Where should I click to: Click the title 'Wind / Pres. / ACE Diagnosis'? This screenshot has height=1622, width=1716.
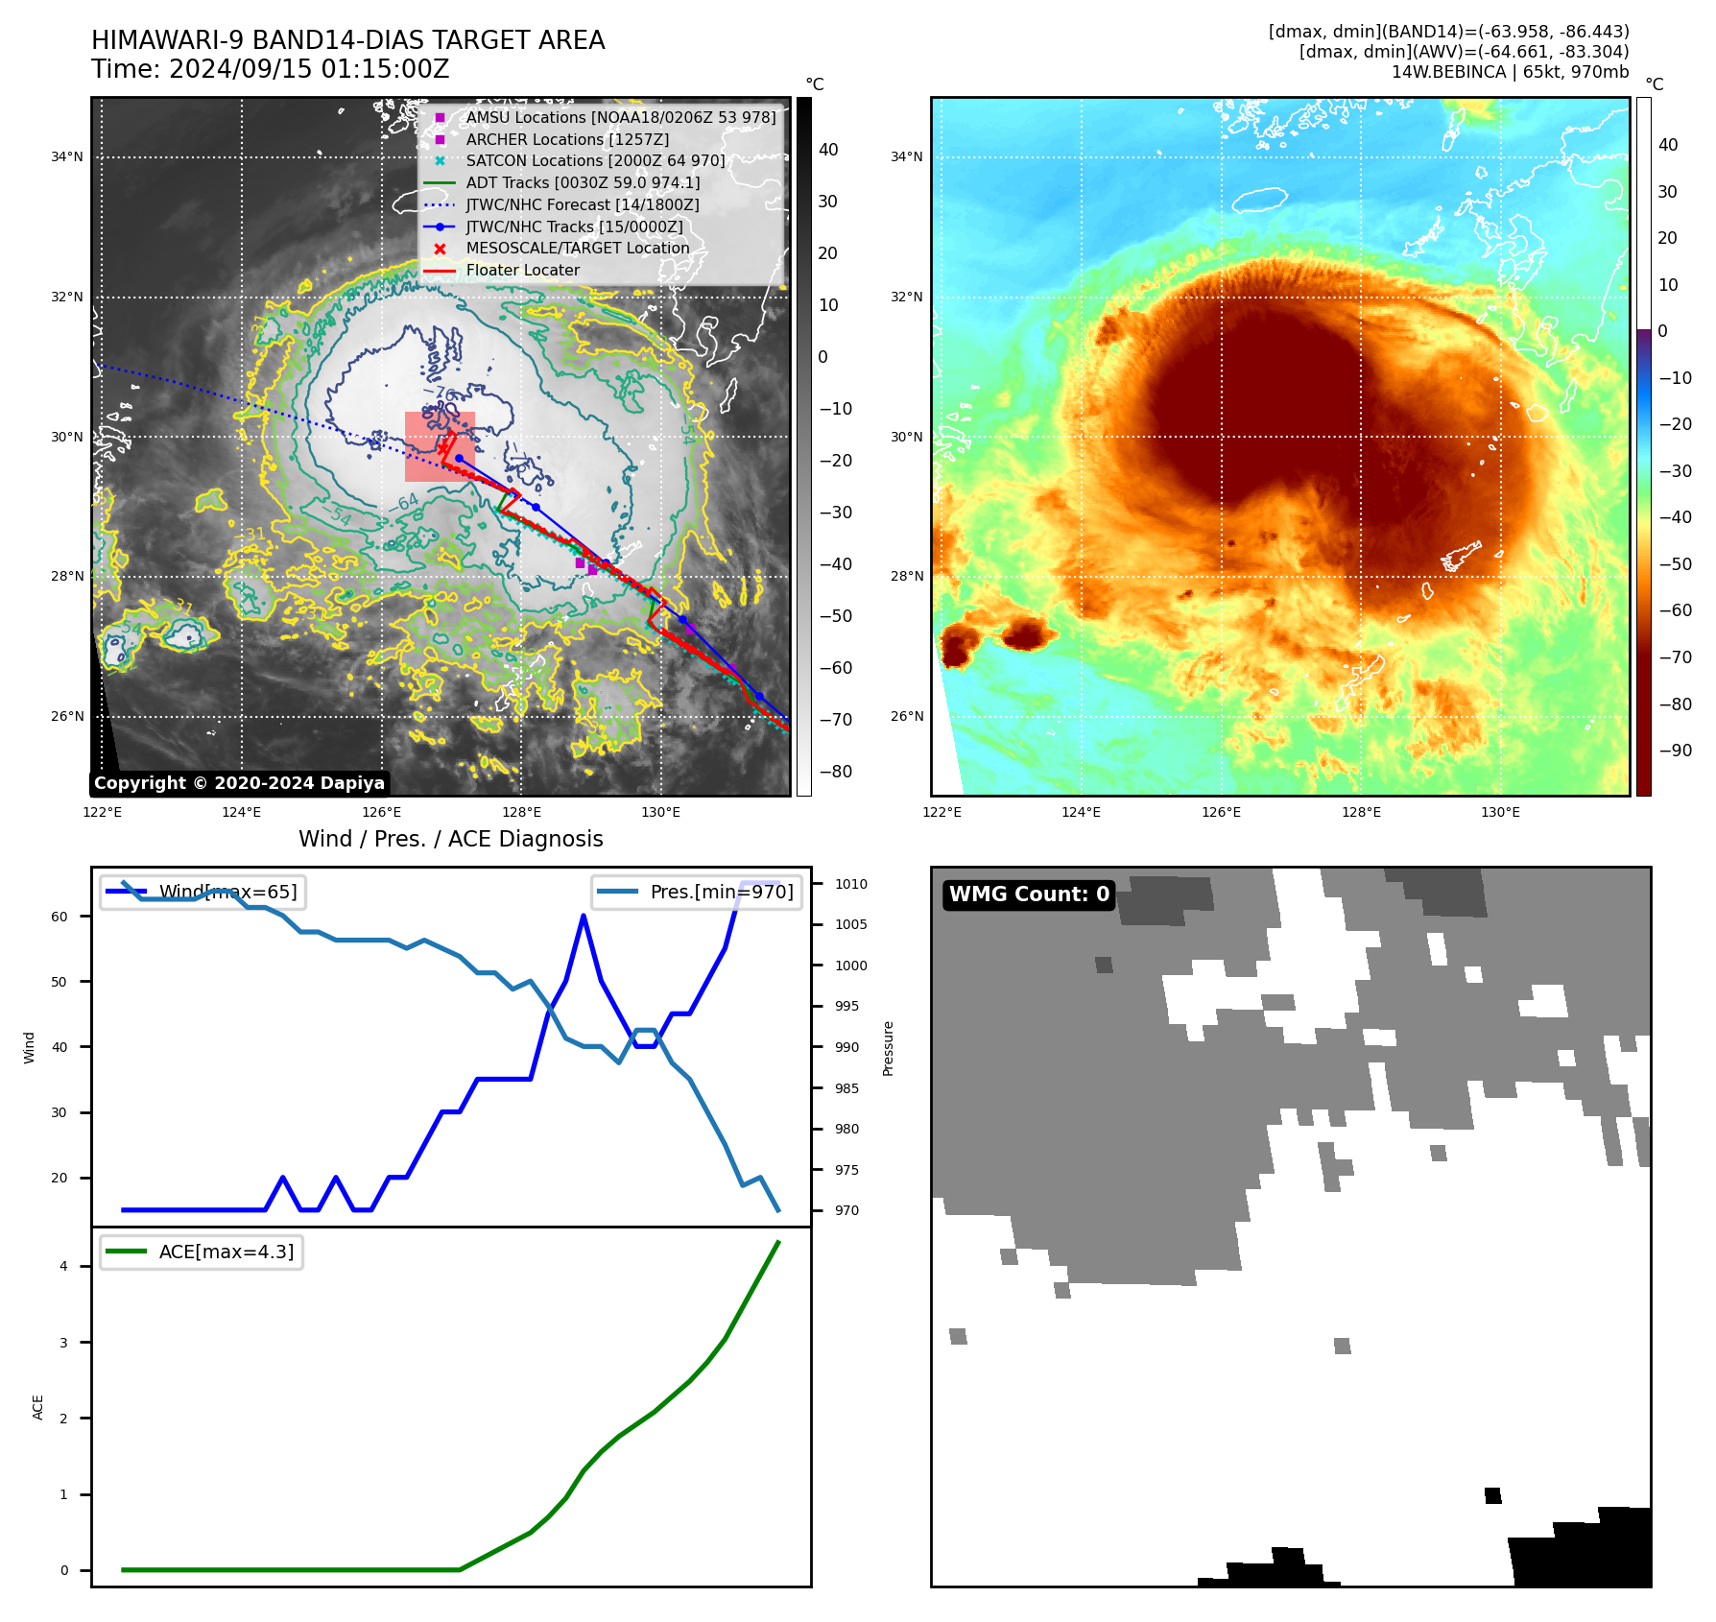tap(450, 839)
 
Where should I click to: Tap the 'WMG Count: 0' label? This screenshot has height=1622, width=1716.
tap(1029, 894)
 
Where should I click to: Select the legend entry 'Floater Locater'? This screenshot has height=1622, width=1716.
tap(522, 271)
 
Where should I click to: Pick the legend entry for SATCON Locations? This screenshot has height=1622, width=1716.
tap(595, 161)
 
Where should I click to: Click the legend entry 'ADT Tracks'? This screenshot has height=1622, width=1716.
tap(583, 182)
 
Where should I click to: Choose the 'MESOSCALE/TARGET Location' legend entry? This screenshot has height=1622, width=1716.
tap(578, 249)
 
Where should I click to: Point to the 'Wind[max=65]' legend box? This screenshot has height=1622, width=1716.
tap(203, 892)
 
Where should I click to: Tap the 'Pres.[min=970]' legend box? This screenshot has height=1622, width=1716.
tap(697, 892)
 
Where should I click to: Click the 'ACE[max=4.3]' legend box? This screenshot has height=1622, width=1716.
tap(202, 1252)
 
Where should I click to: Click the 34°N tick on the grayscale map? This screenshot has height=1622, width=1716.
tap(67, 157)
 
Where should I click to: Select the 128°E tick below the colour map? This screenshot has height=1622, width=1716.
tap(1361, 812)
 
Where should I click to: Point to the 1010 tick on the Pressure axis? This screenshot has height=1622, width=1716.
tap(850, 884)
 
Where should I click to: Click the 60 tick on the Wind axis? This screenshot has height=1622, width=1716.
tap(60, 917)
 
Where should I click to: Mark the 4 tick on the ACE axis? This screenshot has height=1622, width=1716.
tap(63, 1266)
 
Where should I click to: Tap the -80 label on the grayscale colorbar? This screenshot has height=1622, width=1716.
tap(835, 772)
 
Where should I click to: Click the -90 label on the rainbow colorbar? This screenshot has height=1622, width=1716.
tap(1675, 751)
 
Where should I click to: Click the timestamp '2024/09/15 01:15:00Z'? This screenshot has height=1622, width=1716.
tap(309, 70)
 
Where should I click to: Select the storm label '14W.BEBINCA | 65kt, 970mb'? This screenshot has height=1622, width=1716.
tap(1510, 72)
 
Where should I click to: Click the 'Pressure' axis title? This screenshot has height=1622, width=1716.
tap(888, 1048)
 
